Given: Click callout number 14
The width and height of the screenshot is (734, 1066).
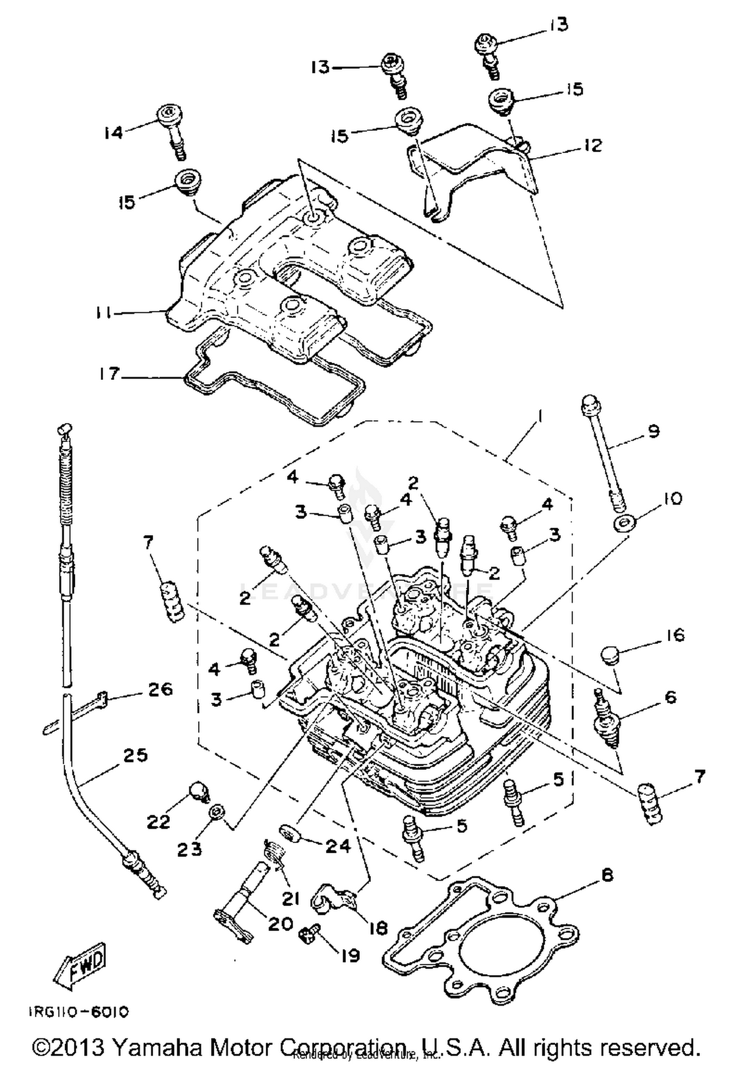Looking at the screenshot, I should click(x=114, y=132).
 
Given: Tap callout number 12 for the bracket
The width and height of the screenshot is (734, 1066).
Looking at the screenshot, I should click(x=593, y=145).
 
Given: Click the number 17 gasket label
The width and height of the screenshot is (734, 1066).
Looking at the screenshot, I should click(x=108, y=374).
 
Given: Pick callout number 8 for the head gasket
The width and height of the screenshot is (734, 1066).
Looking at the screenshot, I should click(x=607, y=875).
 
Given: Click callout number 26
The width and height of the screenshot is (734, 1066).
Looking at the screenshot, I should click(x=161, y=689).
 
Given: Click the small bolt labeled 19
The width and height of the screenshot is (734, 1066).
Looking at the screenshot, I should click(x=306, y=935).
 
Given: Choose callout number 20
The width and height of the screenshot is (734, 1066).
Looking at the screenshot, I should click(x=280, y=924).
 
